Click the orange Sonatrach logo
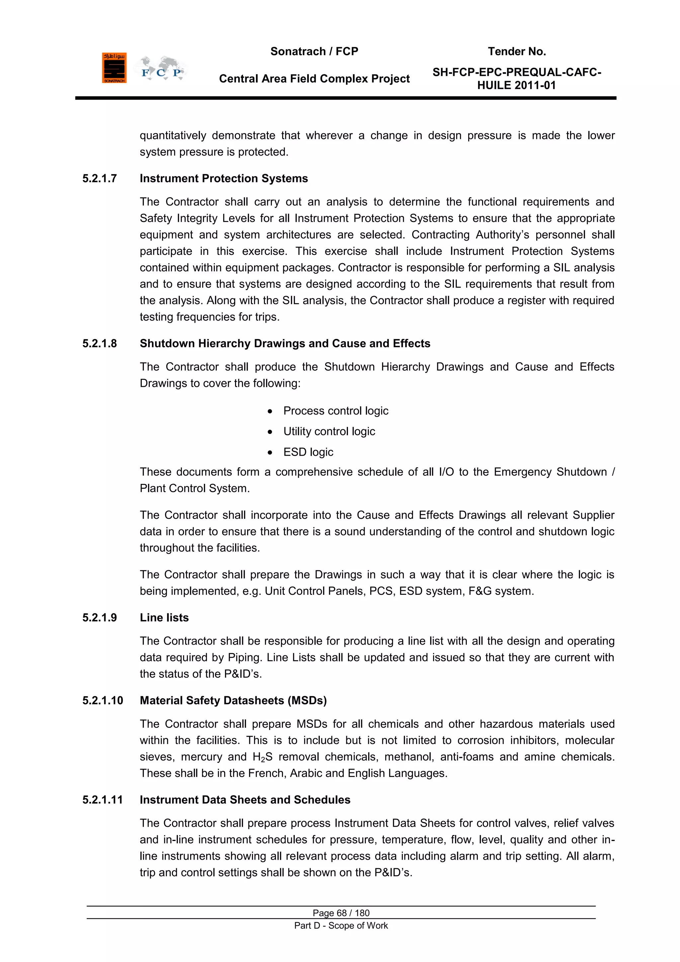[x=114, y=68]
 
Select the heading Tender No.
[x=517, y=52]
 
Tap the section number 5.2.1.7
[x=100, y=178]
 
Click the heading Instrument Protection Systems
[x=223, y=178]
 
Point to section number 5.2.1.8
[x=100, y=344]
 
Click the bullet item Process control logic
[x=335, y=411]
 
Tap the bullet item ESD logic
[x=308, y=452]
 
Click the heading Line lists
[x=164, y=618]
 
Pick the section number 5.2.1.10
[x=103, y=700]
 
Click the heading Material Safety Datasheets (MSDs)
[x=233, y=700]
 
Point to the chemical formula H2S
[x=263, y=757]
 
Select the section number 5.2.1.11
[x=103, y=800]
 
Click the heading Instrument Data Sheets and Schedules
[x=245, y=800]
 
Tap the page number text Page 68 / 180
[x=341, y=913]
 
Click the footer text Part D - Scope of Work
[x=341, y=925]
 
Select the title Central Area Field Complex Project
[x=314, y=79]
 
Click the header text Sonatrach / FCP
[x=314, y=52]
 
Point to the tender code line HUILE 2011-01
[x=516, y=85]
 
